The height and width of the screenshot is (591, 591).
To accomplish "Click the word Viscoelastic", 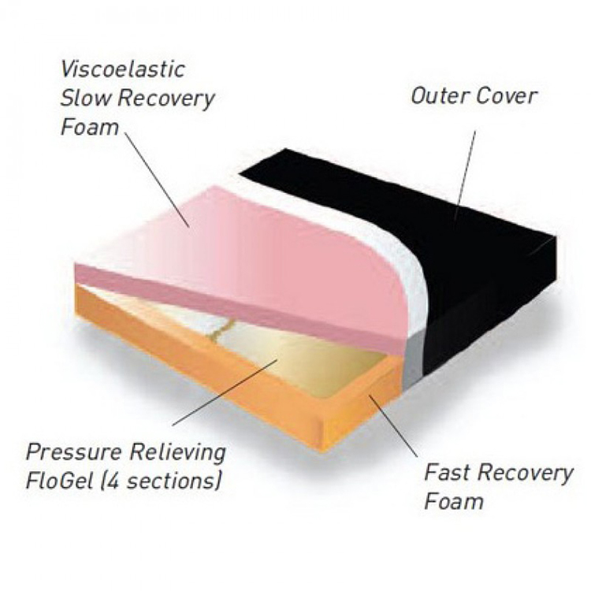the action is [x=123, y=69].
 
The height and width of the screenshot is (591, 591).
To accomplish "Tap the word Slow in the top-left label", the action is [x=86, y=98].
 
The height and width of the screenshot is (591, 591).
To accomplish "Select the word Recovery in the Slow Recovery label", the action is [x=166, y=99].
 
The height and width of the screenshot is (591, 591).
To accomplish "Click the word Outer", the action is [x=440, y=96].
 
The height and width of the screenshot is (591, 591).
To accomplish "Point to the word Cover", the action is [x=505, y=96].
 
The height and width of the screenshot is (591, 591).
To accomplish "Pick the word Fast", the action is [x=448, y=473].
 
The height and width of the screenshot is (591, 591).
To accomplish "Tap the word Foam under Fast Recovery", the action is [x=454, y=501].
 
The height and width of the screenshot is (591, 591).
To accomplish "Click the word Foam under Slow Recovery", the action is [x=89, y=127].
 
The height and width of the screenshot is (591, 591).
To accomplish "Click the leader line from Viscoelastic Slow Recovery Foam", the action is [x=157, y=180].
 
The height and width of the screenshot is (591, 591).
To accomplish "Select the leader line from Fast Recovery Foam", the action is [x=393, y=426].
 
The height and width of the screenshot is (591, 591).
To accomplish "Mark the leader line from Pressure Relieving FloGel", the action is [x=225, y=392].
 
